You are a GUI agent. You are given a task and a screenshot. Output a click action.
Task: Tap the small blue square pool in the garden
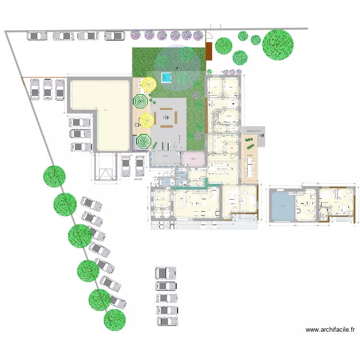pyautogui.click(x=167, y=77)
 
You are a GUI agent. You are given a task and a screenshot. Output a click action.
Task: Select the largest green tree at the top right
pyautogui.click(x=277, y=45)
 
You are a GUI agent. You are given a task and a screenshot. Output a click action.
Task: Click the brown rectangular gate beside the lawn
pyautogui.click(x=209, y=51)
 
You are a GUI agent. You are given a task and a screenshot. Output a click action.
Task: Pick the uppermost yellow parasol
pyautogui.click(x=149, y=85)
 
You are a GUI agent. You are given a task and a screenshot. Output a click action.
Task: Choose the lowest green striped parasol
pyautogui.click(x=143, y=141)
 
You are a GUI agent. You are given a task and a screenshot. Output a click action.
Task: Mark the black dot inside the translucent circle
pyautogui.click(x=178, y=68)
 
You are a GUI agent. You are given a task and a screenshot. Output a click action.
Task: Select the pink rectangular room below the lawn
pyautogui.click(x=193, y=159)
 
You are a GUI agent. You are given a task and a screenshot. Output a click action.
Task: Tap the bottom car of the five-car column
pyautogui.click(x=167, y=322)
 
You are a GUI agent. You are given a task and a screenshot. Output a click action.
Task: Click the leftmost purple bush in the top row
pyautogui.click(x=136, y=35)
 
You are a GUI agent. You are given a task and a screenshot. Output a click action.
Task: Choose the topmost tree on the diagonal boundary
pyautogui.click(x=54, y=176)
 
